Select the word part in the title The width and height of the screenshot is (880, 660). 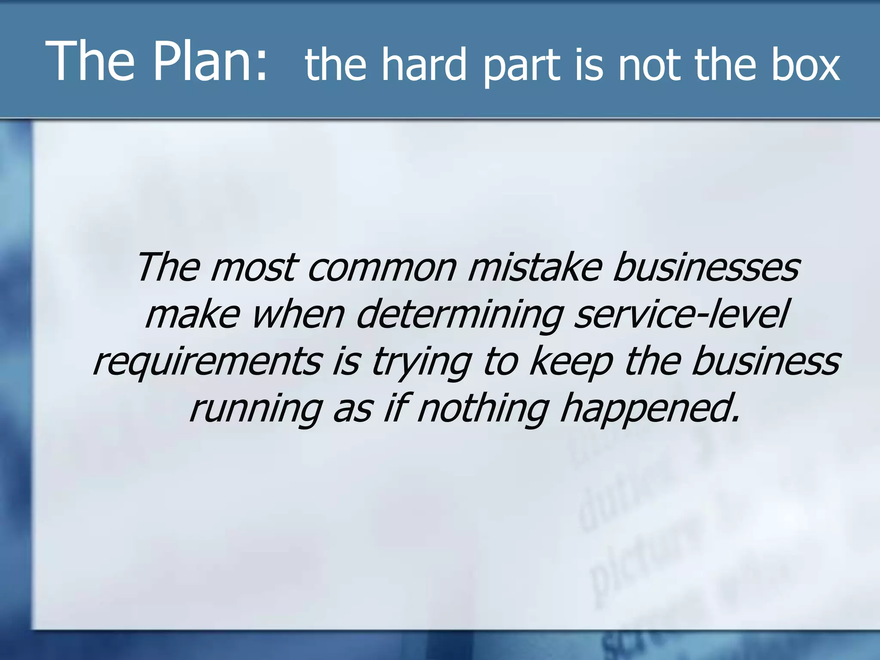(522, 67)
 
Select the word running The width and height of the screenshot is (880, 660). (256, 409)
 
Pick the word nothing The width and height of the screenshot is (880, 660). (483, 409)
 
